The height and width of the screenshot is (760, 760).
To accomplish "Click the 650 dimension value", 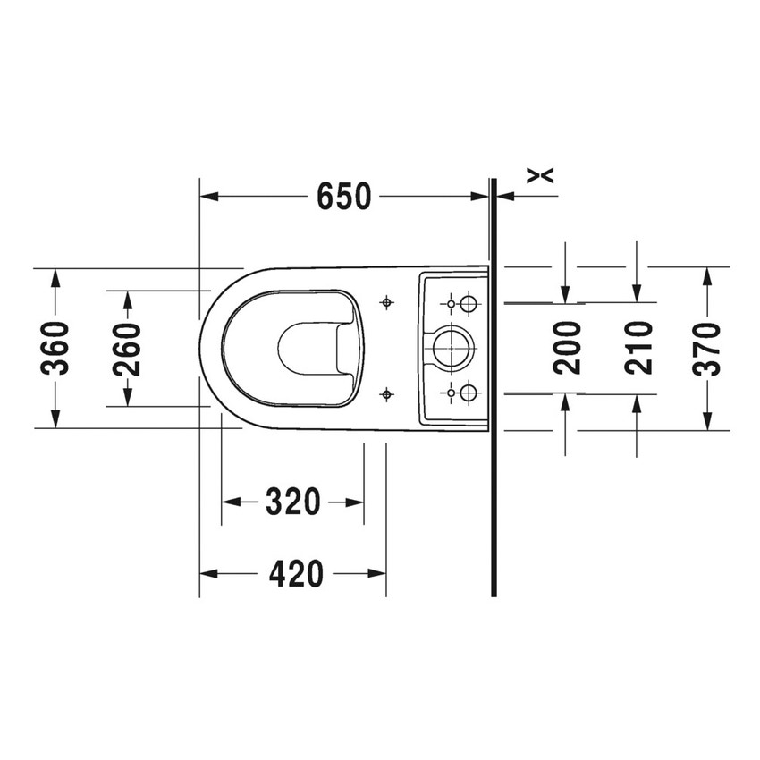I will [x=343, y=196].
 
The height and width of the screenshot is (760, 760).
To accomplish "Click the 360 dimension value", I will [x=55, y=348].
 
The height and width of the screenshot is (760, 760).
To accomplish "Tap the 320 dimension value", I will [x=292, y=502].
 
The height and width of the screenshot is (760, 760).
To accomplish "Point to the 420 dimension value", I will [x=295, y=573].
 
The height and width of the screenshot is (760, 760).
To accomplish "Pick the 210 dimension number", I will [x=638, y=348].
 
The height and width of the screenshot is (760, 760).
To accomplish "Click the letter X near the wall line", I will [x=541, y=174].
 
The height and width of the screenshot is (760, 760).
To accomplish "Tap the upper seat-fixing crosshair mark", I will [x=386, y=302].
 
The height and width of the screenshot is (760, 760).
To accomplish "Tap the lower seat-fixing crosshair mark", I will [x=386, y=393].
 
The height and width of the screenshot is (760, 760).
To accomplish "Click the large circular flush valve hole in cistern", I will [x=452, y=348].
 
